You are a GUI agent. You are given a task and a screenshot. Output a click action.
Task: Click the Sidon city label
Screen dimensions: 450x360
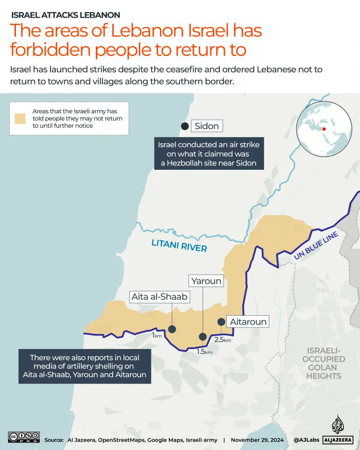pos(206,126)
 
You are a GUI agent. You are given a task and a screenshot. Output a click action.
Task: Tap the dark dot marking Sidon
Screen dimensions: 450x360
pos(185,126)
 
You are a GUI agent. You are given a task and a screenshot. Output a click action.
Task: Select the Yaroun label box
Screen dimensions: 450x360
pos(206,281)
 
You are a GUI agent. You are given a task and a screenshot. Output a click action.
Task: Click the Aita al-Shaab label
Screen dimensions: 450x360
pos(159,297)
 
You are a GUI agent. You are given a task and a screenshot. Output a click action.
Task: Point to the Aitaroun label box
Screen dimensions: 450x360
pos(248,322)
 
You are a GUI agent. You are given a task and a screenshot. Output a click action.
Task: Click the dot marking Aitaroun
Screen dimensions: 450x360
pos(221,322)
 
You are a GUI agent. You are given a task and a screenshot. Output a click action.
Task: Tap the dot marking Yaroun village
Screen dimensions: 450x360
pos(202,336)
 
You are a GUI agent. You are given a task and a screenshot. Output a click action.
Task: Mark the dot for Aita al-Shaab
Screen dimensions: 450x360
pos(172,329)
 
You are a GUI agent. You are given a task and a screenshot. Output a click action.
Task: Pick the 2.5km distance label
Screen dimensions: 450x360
pos(222,340)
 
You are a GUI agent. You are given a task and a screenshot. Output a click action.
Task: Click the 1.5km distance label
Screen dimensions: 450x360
pos(204,352)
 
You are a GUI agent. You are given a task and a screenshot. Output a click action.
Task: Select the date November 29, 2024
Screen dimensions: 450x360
pos(257,440)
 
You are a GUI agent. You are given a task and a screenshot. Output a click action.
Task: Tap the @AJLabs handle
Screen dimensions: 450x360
pos(306,440)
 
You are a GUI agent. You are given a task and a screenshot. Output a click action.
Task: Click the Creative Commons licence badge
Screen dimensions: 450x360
pos(23,437)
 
